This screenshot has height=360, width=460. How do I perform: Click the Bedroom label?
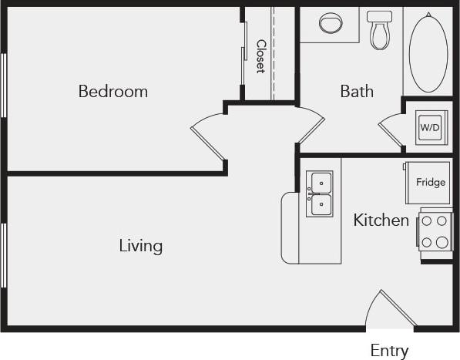pyautogui.click(x=112, y=92)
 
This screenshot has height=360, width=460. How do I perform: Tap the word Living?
pyautogui.click(x=140, y=247)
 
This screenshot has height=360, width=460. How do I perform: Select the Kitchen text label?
pyautogui.click(x=381, y=220)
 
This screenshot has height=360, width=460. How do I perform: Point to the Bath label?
pyautogui.click(x=357, y=92)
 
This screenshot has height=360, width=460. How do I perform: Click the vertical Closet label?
pyautogui.click(x=260, y=56)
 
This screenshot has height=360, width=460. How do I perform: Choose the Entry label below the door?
pyautogui.click(x=389, y=351)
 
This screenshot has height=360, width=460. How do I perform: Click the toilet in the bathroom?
pyautogui.click(x=379, y=29)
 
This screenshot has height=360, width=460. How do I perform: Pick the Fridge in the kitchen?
pyautogui.click(x=428, y=183)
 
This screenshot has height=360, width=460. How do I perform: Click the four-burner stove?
pyautogui.click(x=435, y=230)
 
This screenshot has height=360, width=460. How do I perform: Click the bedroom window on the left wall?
pyautogui.click(x=5, y=85)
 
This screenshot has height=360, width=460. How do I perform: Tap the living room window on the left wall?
pyautogui.click(x=5, y=254)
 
